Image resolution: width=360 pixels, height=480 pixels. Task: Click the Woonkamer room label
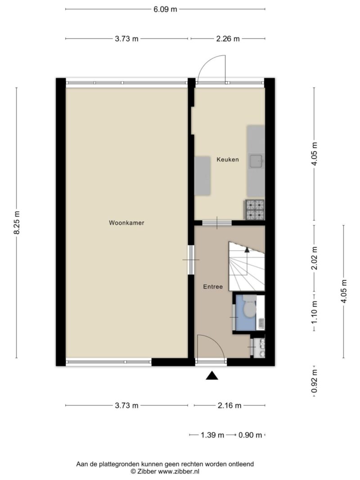click(126, 223)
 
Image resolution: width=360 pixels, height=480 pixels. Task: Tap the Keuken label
click(227, 160)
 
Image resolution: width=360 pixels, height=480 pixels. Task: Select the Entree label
click(213, 287)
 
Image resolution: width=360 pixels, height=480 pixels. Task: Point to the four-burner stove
click(254, 210)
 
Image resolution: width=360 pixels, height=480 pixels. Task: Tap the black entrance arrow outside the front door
click(212, 376)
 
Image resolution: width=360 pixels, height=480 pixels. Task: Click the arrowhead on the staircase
click(247, 250)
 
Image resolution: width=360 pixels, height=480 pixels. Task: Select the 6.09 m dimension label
click(165, 9)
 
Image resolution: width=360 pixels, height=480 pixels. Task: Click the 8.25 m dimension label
click(17, 223)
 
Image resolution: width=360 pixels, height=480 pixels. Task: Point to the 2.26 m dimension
click(228, 39)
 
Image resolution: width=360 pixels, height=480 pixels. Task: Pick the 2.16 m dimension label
click(229, 406)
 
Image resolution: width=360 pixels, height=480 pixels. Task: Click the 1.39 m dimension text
click(212, 435)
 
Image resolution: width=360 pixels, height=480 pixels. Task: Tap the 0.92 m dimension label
click(314, 381)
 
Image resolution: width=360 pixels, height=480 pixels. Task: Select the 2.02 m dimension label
click(314, 258)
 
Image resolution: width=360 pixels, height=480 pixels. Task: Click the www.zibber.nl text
click(179, 471)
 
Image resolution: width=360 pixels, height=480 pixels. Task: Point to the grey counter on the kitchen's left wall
click(202, 176)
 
